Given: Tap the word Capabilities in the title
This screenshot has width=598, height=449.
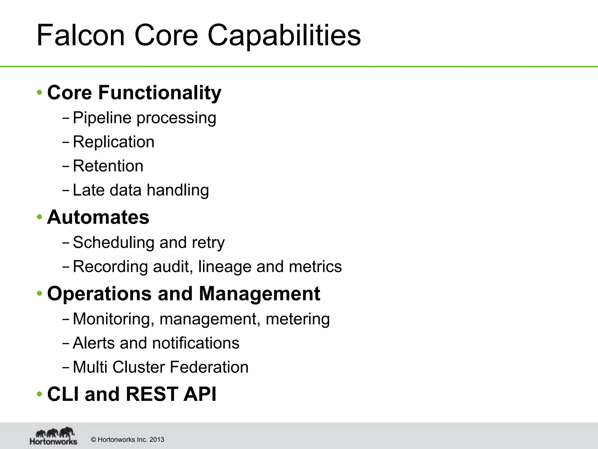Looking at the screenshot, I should (x=284, y=36).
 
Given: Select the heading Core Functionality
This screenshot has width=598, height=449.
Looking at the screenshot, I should (x=134, y=93).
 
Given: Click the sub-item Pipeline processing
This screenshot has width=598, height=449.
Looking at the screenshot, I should (x=144, y=118).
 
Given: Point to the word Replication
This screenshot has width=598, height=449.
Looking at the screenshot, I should (x=113, y=142).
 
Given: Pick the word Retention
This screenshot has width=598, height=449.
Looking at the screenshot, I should (x=108, y=166).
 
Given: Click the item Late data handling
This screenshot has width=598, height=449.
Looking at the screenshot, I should (x=141, y=190).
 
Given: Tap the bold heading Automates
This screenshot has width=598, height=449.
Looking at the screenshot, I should (x=98, y=217).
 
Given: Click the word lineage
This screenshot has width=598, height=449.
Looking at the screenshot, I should (x=225, y=267).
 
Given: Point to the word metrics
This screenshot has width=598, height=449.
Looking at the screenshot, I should (x=315, y=267).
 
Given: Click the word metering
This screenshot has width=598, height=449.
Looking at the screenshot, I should (x=298, y=319).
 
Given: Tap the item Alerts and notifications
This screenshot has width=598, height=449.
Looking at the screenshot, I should (x=156, y=343).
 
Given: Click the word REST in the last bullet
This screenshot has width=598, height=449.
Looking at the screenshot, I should (x=152, y=394).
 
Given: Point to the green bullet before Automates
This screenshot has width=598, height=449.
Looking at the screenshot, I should (x=39, y=217).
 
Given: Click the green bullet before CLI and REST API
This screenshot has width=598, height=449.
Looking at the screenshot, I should (x=39, y=394).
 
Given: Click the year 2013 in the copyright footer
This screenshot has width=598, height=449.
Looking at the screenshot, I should (x=157, y=440).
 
